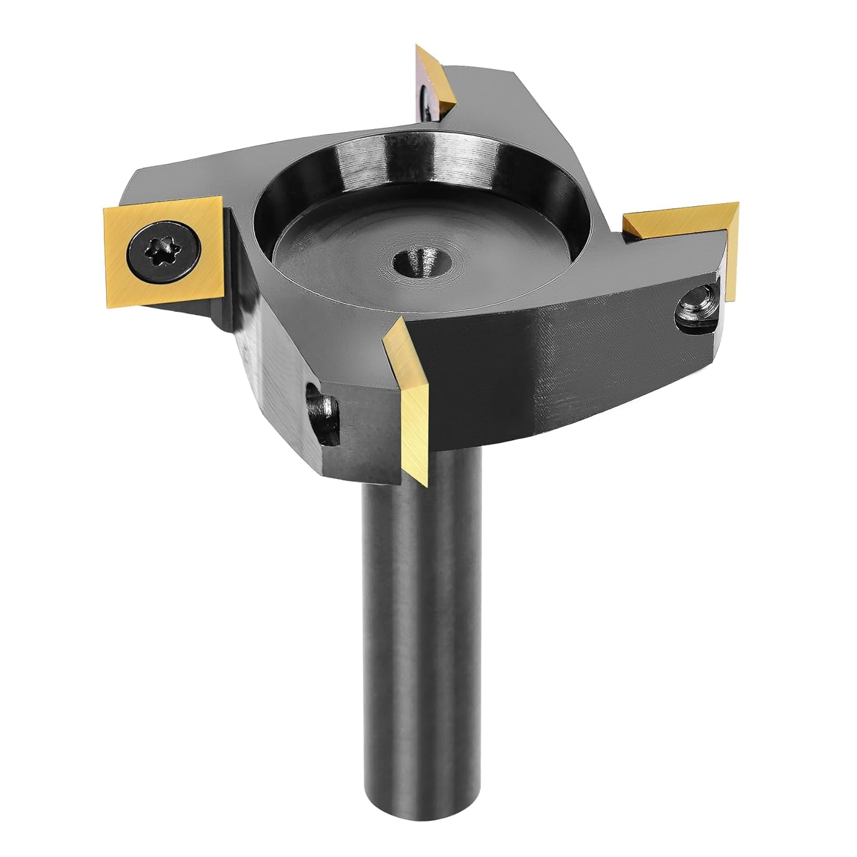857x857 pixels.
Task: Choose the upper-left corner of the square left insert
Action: tap(105, 210)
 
